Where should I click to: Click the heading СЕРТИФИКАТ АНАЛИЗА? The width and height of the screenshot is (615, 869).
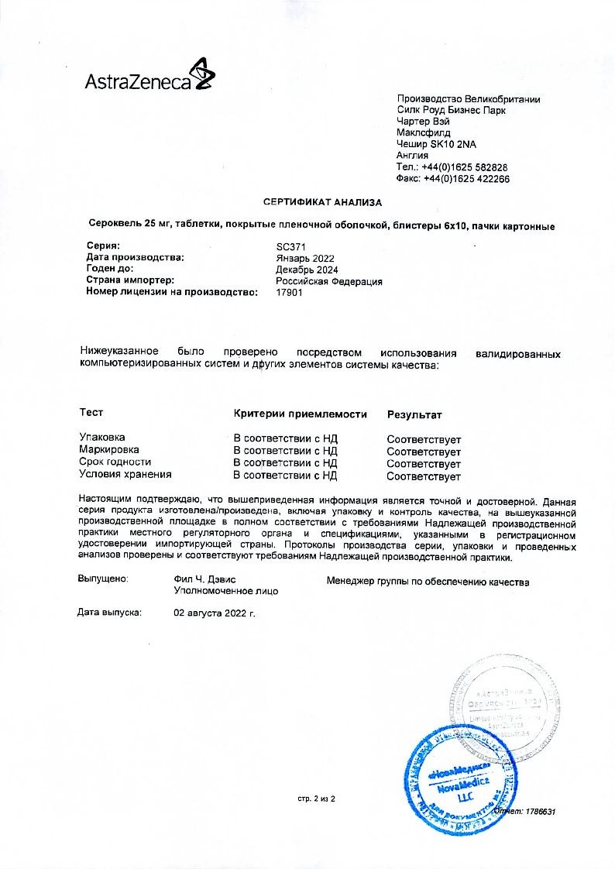(322, 202)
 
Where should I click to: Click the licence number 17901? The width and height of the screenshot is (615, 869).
(290, 293)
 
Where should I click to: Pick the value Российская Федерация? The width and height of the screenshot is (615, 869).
(329, 281)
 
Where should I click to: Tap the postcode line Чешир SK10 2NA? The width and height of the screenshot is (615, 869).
(436, 144)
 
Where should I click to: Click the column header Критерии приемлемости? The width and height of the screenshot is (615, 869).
(300, 414)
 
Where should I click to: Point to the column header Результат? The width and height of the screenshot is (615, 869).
(414, 414)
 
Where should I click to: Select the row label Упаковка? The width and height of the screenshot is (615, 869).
(102, 438)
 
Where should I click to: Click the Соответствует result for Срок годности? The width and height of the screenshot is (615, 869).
(424, 463)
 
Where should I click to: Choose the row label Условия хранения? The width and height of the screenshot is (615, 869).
(125, 474)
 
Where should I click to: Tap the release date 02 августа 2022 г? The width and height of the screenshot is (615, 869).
(215, 613)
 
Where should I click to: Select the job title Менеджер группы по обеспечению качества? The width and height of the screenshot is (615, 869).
(428, 581)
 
